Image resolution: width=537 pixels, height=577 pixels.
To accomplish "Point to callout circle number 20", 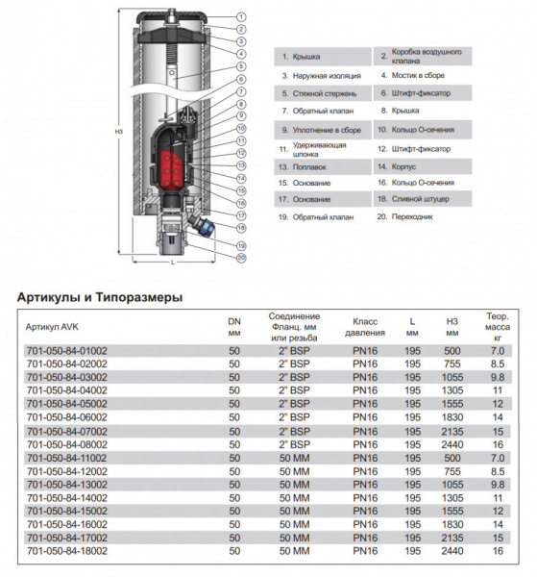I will [x=241, y=257].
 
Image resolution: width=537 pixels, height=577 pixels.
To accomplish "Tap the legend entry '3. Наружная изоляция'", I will [x=321, y=75].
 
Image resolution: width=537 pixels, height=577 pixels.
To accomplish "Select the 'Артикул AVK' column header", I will [x=55, y=327].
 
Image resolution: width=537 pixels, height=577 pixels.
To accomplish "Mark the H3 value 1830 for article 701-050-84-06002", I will [x=452, y=418].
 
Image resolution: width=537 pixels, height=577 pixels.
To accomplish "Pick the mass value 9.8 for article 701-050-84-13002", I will [x=498, y=485].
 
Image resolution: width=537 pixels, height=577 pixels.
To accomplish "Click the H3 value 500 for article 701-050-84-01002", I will [x=452, y=351].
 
